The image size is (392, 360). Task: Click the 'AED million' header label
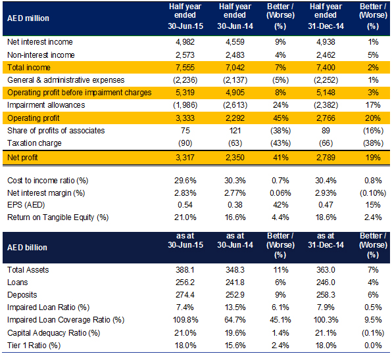[28, 18]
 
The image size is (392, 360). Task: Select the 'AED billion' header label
[27, 248]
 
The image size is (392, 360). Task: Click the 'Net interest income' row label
[40, 41]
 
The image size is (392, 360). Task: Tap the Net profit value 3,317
[185, 158]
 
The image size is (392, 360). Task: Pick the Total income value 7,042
[235, 68]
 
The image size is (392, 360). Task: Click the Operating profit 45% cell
[280, 118]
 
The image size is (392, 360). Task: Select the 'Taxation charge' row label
[34, 143]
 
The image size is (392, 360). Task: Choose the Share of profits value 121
[235, 131]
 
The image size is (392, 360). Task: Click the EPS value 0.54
[185, 205]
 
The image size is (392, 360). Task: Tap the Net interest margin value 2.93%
[326, 193]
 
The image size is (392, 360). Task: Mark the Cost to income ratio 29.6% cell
[185, 181]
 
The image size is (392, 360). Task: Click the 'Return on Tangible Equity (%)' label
[58, 217]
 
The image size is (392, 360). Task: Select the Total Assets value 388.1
[185, 270]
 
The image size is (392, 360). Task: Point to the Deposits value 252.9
[235, 295]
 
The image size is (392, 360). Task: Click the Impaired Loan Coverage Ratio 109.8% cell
[185, 320]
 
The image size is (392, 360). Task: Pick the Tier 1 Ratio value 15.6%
[235, 346]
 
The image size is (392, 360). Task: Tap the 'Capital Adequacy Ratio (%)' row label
[53, 333]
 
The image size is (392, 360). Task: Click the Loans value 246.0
[326, 282]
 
